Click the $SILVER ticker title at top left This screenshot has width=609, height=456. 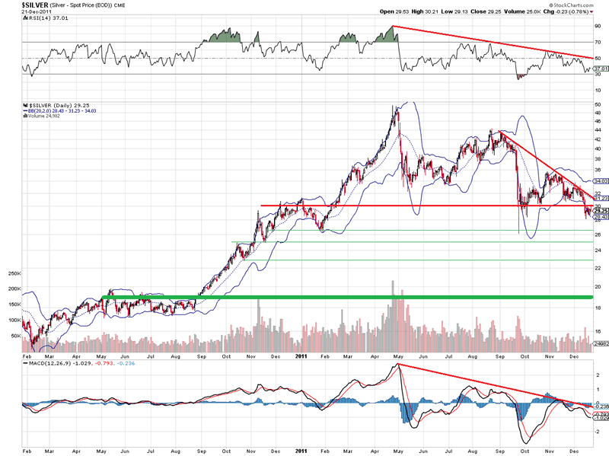pyautogui.click(x=17, y=5)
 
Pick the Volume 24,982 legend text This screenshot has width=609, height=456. pyautogui.click(x=43, y=115)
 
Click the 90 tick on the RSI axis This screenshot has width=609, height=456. pyautogui.click(x=597, y=26)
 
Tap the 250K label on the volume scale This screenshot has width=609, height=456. pyautogui.click(x=14, y=273)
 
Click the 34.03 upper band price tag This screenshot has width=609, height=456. pyautogui.click(x=599, y=181)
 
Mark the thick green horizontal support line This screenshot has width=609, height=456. pyautogui.click(x=343, y=297)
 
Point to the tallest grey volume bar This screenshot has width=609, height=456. pyautogui.click(x=392, y=283)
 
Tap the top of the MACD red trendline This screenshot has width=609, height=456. pyautogui.click(x=397, y=365)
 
